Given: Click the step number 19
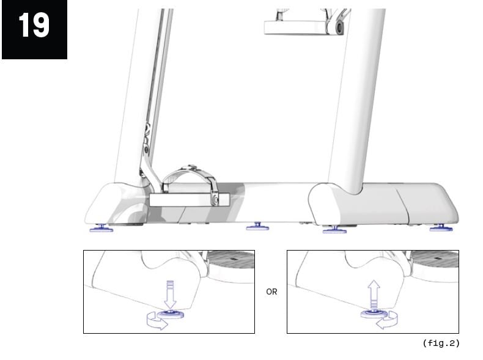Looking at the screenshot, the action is click(x=34, y=26).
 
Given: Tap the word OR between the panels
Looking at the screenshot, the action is click(x=271, y=292).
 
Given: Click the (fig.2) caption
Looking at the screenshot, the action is click(x=441, y=343).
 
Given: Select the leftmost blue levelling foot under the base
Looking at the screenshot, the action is click(x=101, y=228).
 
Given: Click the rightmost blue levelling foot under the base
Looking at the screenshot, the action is click(x=441, y=228).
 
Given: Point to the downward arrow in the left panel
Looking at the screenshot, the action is click(x=170, y=295).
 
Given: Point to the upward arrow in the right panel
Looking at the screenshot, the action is click(x=374, y=295).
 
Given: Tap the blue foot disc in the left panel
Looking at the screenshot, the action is click(x=171, y=314).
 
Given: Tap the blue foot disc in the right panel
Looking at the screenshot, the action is click(x=374, y=314).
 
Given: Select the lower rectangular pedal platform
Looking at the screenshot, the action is click(x=190, y=200).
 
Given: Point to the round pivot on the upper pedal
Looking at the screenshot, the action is click(x=339, y=28).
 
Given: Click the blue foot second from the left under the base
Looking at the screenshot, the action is click(x=257, y=227).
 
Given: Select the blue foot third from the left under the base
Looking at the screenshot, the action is click(x=334, y=229).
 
